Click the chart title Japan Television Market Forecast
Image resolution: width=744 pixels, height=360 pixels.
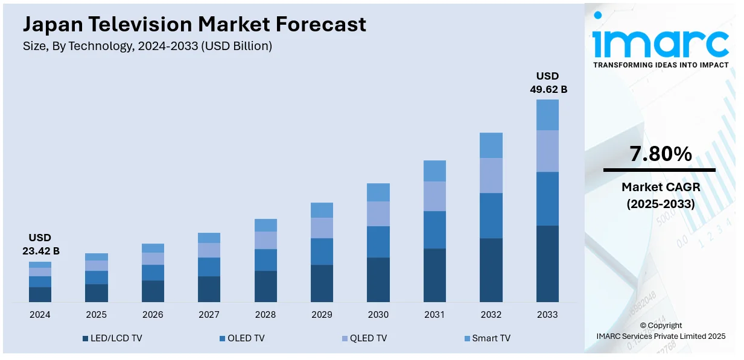pyautogui.click(x=194, y=24)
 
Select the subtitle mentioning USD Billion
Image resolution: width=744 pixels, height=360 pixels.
pyautogui.click(x=147, y=46)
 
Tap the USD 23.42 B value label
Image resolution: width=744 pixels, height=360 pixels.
pyautogui.click(x=40, y=244)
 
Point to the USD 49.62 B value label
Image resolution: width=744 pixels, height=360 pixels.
pyautogui.click(x=548, y=83)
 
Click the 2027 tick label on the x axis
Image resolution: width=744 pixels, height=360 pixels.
pyautogui.click(x=209, y=315)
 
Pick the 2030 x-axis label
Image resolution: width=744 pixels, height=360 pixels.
pyautogui.click(x=378, y=315)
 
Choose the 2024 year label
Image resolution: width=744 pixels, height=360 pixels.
pyautogui.click(x=40, y=315)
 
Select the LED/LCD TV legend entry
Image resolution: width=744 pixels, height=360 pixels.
pyautogui.click(x=112, y=338)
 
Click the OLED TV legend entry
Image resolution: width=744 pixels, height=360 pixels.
pyautogui.click(x=242, y=338)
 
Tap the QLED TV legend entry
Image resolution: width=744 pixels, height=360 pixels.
pyautogui.click(x=364, y=338)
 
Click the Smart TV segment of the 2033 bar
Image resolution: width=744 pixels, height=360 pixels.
pyautogui.click(x=547, y=115)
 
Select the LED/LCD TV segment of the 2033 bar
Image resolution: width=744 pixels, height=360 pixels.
pyautogui.click(x=547, y=264)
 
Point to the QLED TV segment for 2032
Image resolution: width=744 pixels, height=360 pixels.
pyautogui.click(x=491, y=175)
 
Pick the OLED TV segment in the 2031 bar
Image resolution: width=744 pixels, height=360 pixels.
pyautogui.click(x=434, y=230)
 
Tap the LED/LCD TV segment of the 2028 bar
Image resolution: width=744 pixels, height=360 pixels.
pyautogui.click(x=265, y=286)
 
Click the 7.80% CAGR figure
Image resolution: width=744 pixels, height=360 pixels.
pyautogui.click(x=660, y=155)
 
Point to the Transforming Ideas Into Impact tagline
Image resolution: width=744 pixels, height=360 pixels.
pyautogui.click(x=660, y=65)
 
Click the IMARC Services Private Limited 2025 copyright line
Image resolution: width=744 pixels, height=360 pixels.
pyautogui.click(x=661, y=336)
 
